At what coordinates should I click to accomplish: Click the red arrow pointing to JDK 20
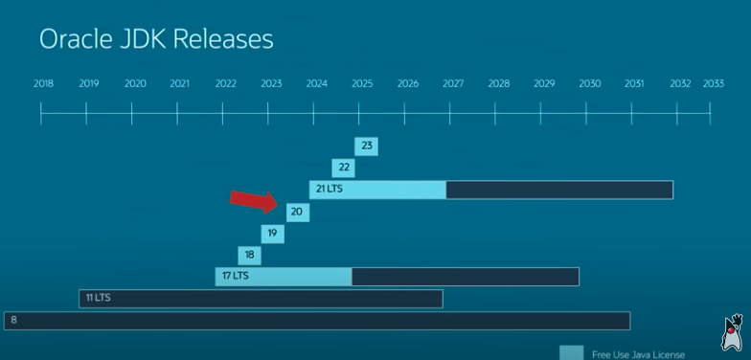click(x=253, y=200)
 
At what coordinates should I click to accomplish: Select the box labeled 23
click(x=366, y=146)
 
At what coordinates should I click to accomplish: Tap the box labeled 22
click(x=343, y=168)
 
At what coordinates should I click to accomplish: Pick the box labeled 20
click(x=297, y=212)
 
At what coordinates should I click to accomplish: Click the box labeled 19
click(x=273, y=234)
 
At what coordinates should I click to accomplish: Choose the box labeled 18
click(x=249, y=255)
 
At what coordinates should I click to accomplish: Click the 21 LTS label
click(x=329, y=190)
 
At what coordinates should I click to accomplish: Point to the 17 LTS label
click(x=235, y=277)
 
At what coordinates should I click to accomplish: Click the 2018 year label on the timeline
click(x=43, y=84)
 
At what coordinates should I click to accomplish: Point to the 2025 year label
click(x=362, y=84)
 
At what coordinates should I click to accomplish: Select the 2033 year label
click(x=714, y=84)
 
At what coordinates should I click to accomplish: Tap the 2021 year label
click(x=180, y=84)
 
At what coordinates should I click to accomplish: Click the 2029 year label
click(x=544, y=84)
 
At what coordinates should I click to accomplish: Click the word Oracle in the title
click(x=72, y=39)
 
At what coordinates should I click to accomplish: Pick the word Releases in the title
click(x=227, y=39)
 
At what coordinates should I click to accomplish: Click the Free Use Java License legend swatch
click(x=571, y=352)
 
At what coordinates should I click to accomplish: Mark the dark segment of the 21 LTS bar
click(x=559, y=190)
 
